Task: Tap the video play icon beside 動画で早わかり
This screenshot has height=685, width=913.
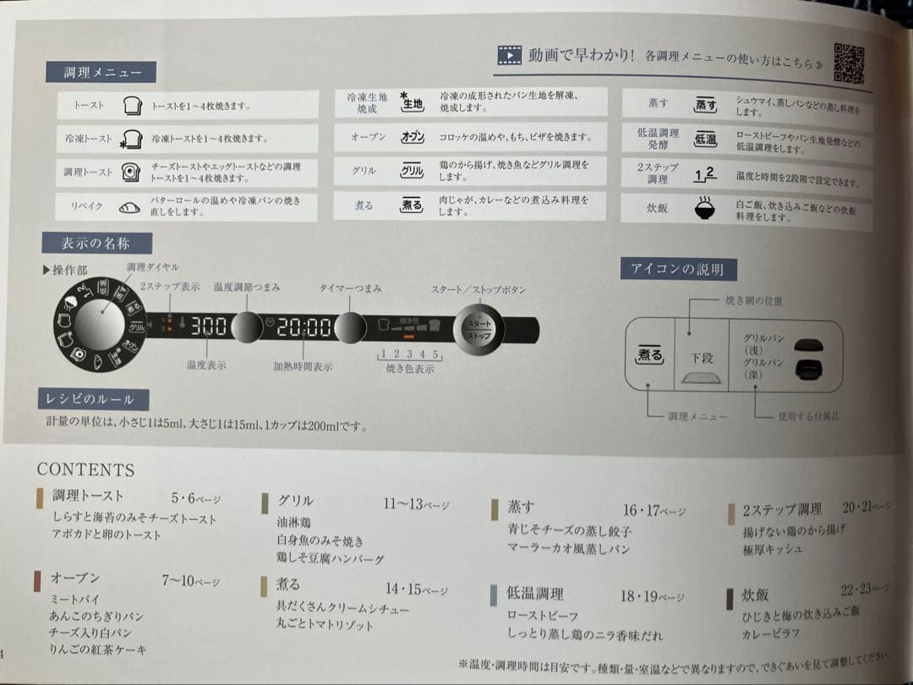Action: tap(509, 56)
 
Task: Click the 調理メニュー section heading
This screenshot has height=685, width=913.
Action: tap(98, 72)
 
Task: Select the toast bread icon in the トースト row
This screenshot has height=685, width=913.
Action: tap(131, 106)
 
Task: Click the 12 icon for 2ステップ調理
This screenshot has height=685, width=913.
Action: tap(703, 174)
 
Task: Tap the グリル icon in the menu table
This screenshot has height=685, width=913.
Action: tap(412, 171)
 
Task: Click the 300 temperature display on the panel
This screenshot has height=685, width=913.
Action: tap(207, 326)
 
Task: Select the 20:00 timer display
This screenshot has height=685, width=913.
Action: tap(303, 327)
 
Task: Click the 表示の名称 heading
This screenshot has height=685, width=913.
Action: tap(96, 244)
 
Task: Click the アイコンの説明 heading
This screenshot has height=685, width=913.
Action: tap(678, 270)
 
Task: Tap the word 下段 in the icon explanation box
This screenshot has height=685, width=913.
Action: tap(701, 358)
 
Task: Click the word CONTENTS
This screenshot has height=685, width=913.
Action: tap(85, 470)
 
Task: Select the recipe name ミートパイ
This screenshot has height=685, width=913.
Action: tap(75, 599)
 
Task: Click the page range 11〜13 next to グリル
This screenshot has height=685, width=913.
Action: tap(402, 504)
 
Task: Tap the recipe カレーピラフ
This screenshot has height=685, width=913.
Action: tap(771, 633)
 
